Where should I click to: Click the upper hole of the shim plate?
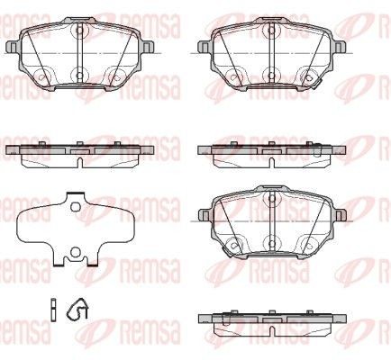point(75,207)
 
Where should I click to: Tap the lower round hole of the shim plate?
point(75,252)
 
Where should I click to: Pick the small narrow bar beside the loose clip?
point(53,310)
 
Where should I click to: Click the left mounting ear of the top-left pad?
point(14,48)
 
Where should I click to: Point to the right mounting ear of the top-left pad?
point(147,48)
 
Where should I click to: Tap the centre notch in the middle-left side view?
point(80,163)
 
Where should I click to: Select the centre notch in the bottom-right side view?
point(272,331)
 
